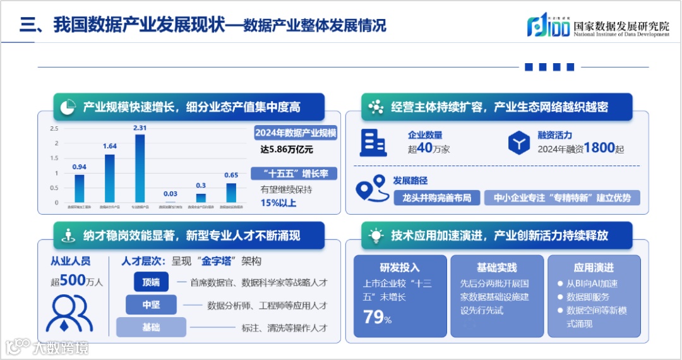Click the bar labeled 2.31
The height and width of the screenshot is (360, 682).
coord(140,169)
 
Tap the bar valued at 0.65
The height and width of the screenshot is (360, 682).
coord(231,193)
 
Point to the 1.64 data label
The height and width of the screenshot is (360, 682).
coord(110,146)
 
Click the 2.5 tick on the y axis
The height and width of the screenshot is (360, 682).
coord(54,128)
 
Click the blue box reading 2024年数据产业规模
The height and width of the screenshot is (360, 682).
coord(296,133)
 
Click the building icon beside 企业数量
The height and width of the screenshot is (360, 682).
coord(373,142)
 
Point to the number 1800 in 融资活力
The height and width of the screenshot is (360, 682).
coord(599,148)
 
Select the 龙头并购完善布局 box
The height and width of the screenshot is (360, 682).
coord(437,198)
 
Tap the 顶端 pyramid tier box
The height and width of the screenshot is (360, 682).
coord(151,282)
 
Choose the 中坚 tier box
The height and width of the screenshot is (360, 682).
coord(151,304)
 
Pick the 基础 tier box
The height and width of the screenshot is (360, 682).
coord(151,327)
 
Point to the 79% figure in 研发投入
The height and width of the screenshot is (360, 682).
coord(377,317)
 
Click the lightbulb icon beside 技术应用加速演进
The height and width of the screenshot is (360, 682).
coord(376,236)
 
